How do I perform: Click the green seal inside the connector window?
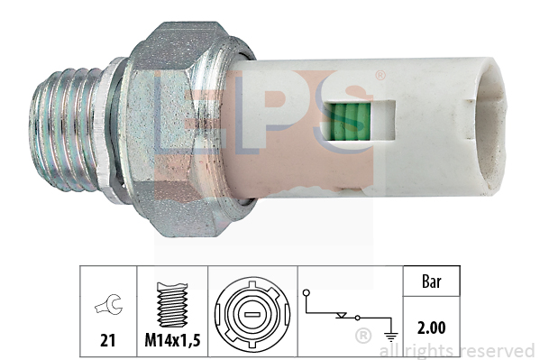[x=349, y=122]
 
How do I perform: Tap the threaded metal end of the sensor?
[x=67, y=129]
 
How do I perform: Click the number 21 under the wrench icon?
[x=107, y=340]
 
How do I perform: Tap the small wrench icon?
[x=108, y=304]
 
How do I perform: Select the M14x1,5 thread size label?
[x=172, y=341]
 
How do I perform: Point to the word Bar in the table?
[x=431, y=282]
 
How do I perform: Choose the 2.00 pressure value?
[x=432, y=328]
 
